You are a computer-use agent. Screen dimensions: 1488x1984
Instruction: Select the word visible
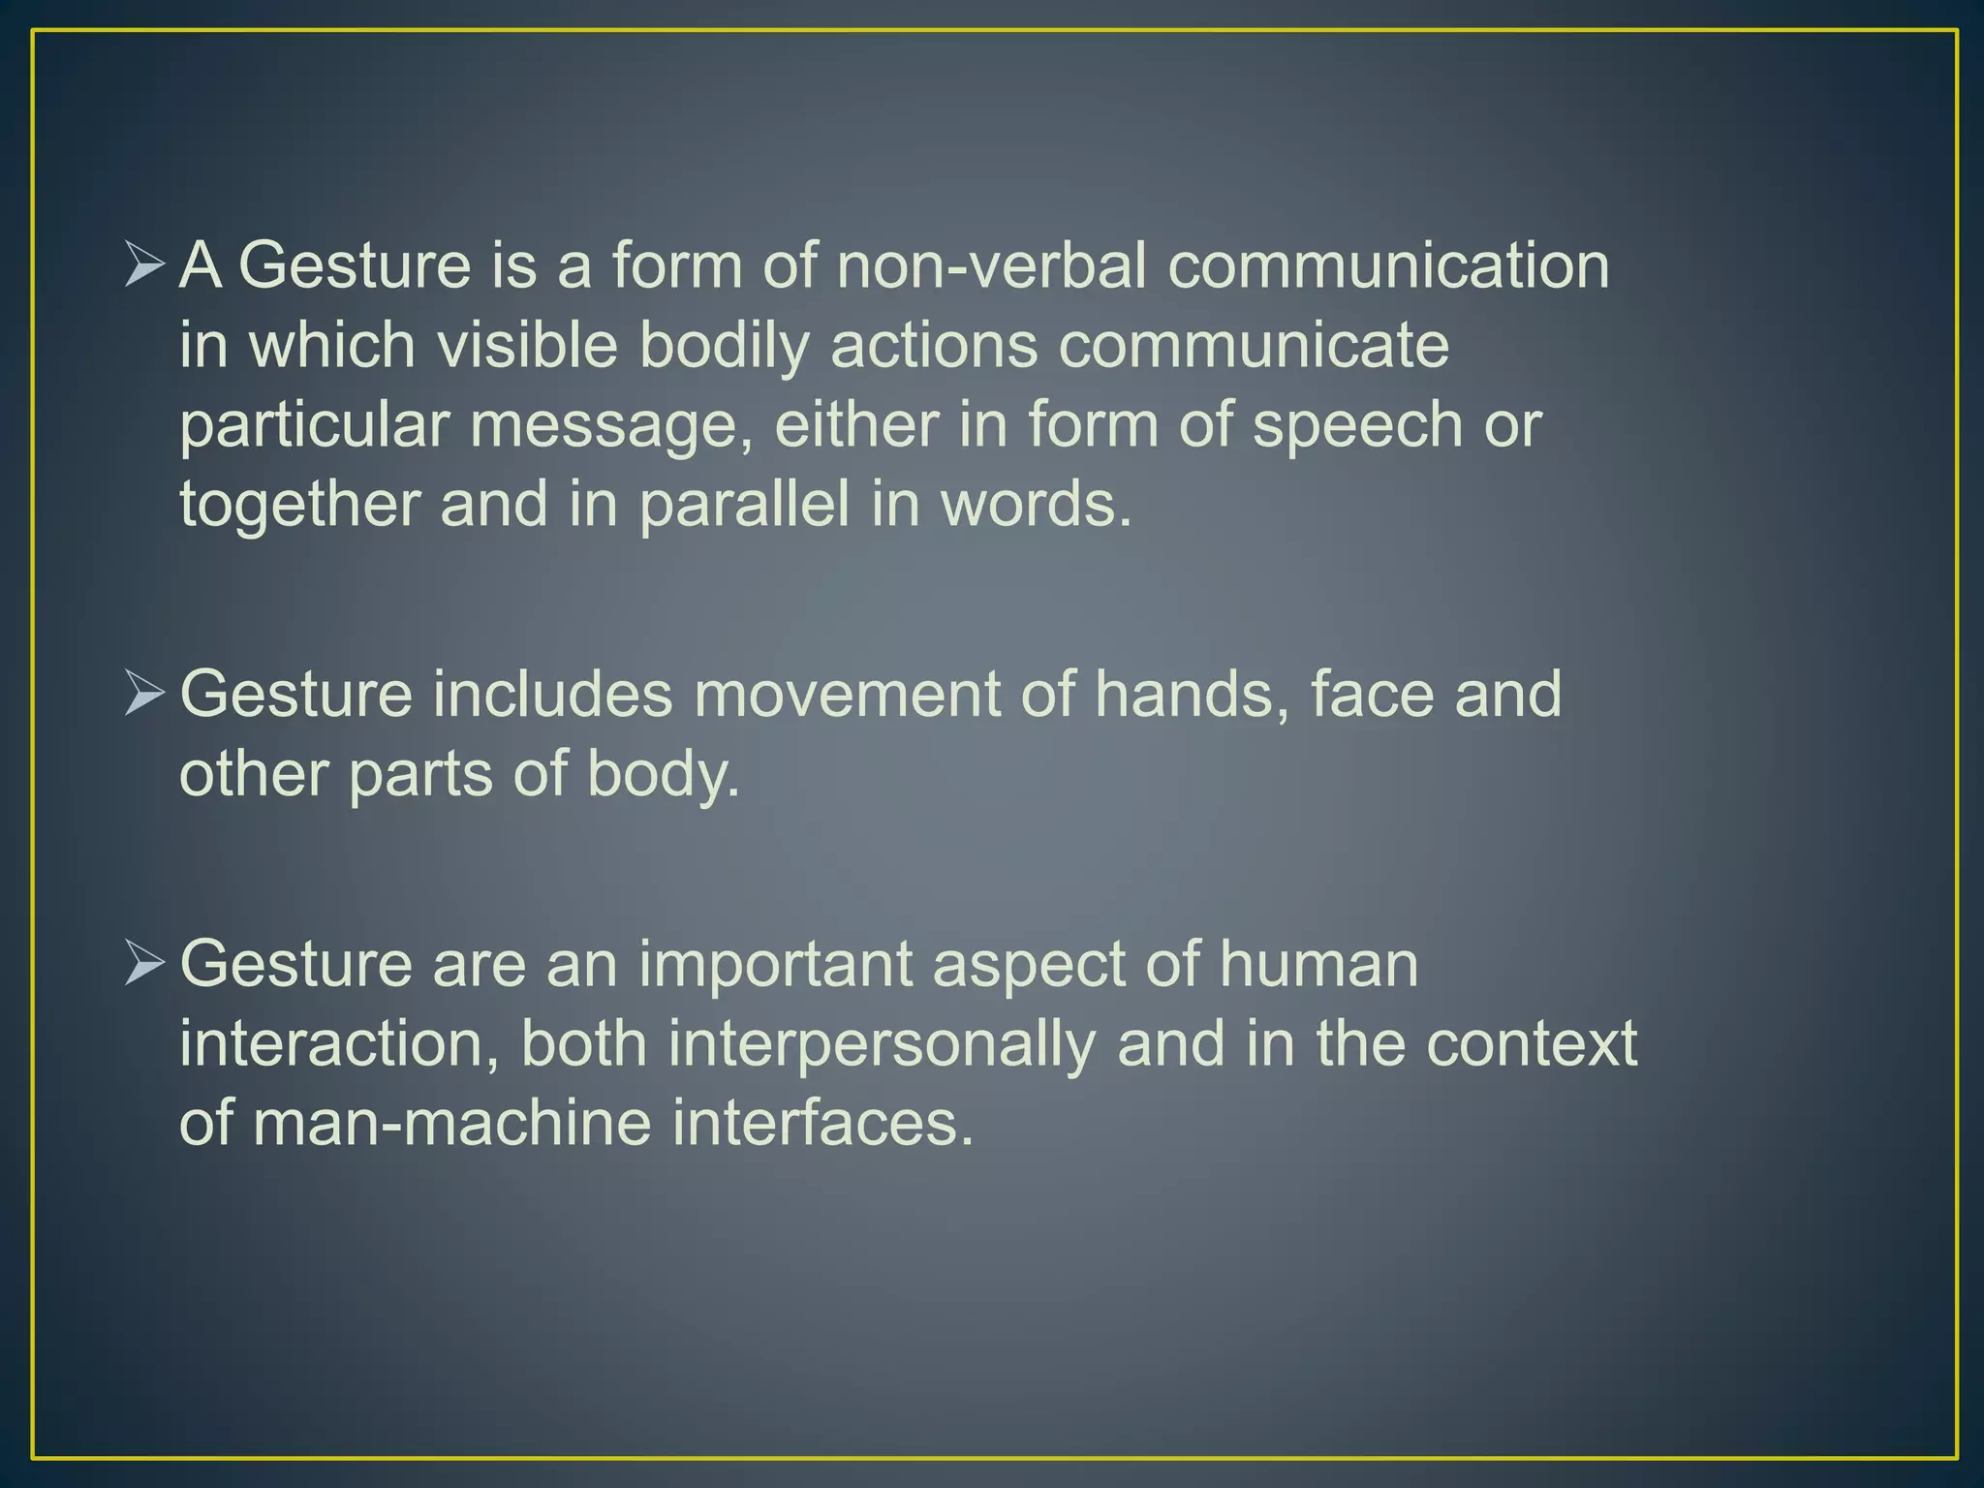click(x=527, y=345)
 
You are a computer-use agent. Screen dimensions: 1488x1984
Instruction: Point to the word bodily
click(x=724, y=347)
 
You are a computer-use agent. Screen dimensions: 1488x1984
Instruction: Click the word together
click(x=299, y=507)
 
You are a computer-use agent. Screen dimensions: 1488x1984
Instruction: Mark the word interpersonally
click(x=881, y=1044)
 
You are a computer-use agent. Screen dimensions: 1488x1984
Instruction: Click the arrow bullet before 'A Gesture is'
click(x=145, y=263)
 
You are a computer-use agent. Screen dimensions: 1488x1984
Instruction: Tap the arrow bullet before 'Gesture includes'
click(x=145, y=694)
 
